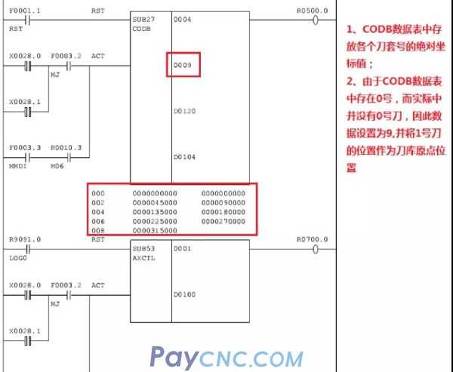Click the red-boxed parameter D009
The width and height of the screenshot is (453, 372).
tap(185, 66)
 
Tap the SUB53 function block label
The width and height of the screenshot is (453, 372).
tap(141, 247)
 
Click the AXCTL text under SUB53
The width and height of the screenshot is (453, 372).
tap(142, 257)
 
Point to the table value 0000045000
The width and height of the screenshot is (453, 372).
tap(154, 202)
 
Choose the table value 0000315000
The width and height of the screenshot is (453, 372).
tap(154, 229)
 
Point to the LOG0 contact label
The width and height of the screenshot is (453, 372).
tap(18, 257)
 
